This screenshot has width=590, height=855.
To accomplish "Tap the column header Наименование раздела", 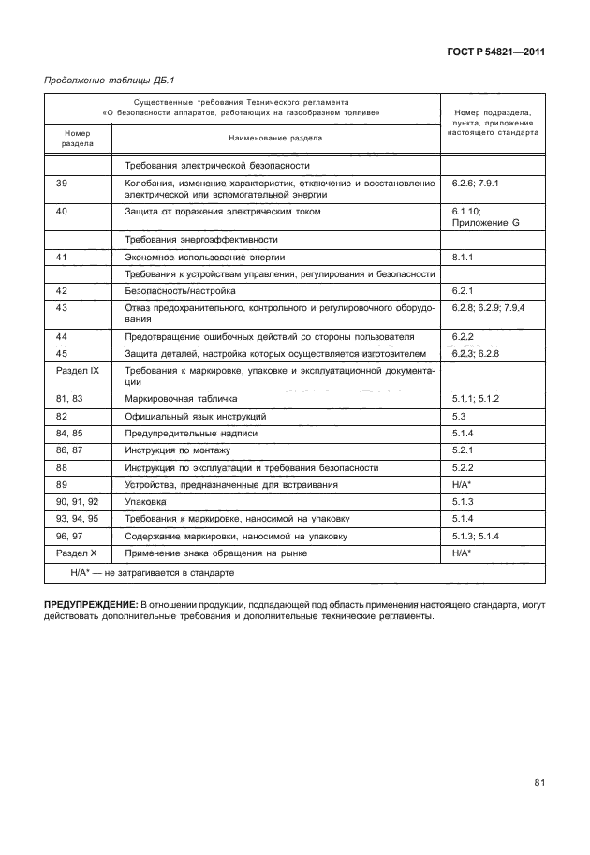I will coord(274,138).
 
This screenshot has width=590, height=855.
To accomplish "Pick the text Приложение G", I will coord(484,224).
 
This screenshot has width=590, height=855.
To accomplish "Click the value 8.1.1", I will coord(464,257).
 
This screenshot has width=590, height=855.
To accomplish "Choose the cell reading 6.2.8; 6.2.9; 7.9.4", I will coord(488,307).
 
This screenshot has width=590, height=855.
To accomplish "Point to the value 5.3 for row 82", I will coord(459,416).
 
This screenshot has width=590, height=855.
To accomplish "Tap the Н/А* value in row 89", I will coord(461,484).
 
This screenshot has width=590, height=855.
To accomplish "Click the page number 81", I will coord(539,782).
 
